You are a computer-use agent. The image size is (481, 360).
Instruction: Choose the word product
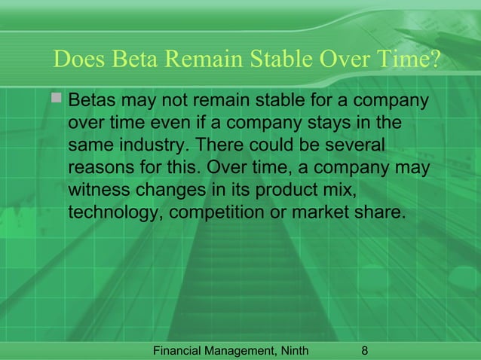point(292,189)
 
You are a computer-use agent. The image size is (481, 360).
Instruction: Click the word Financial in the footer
point(177,350)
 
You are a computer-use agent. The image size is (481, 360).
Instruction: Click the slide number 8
point(366,350)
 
